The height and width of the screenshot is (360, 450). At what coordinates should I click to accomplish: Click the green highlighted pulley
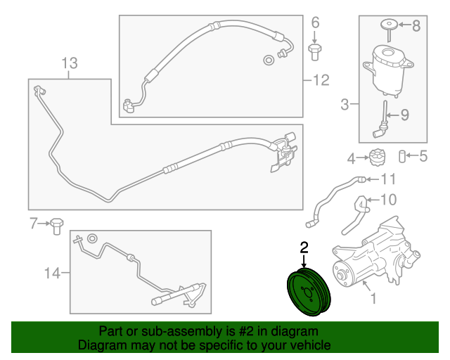coord(309,292)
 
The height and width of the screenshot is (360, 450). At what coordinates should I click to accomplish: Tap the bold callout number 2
coord(304,247)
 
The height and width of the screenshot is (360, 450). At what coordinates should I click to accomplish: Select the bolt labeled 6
coord(314,52)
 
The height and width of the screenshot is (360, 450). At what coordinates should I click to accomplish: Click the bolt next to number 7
coord(56,226)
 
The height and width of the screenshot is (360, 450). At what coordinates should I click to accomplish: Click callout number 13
coord(70,63)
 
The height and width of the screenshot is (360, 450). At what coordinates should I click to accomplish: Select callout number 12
coord(321,80)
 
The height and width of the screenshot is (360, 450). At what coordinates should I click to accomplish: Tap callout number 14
coord(53,273)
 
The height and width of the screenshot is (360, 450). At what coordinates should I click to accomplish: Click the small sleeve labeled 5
coord(402,157)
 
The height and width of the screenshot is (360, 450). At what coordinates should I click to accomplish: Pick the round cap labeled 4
coord(377,157)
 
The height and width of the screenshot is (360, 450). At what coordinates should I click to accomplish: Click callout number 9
coord(405,115)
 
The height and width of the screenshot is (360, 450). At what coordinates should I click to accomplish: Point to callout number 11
coord(388,179)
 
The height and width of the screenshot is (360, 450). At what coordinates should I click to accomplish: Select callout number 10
coord(388,200)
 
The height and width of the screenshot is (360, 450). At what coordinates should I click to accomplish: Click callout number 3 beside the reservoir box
coord(345,104)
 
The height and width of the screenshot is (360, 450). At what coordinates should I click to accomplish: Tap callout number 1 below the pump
coord(373,298)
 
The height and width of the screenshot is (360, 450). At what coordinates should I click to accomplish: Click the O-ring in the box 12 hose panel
coord(269,60)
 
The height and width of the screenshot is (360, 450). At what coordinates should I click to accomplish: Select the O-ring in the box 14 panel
coord(92,238)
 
